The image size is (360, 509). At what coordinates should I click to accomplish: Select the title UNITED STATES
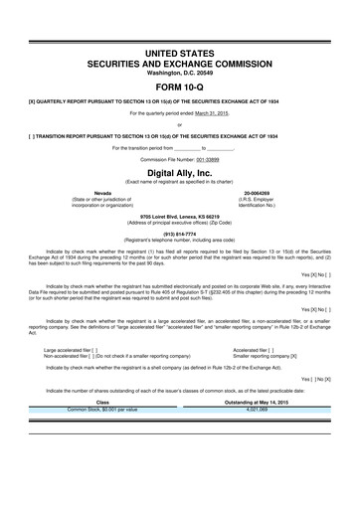click(x=179, y=51)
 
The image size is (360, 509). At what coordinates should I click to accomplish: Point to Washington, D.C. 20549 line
click(x=179, y=71)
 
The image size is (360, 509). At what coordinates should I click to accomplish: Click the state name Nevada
click(x=102, y=193)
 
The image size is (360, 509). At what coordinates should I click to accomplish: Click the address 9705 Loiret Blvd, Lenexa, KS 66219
click(x=179, y=215)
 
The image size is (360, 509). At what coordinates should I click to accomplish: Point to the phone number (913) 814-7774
click(x=179, y=235)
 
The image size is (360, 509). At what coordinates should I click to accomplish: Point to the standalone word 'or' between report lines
click(x=179, y=124)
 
